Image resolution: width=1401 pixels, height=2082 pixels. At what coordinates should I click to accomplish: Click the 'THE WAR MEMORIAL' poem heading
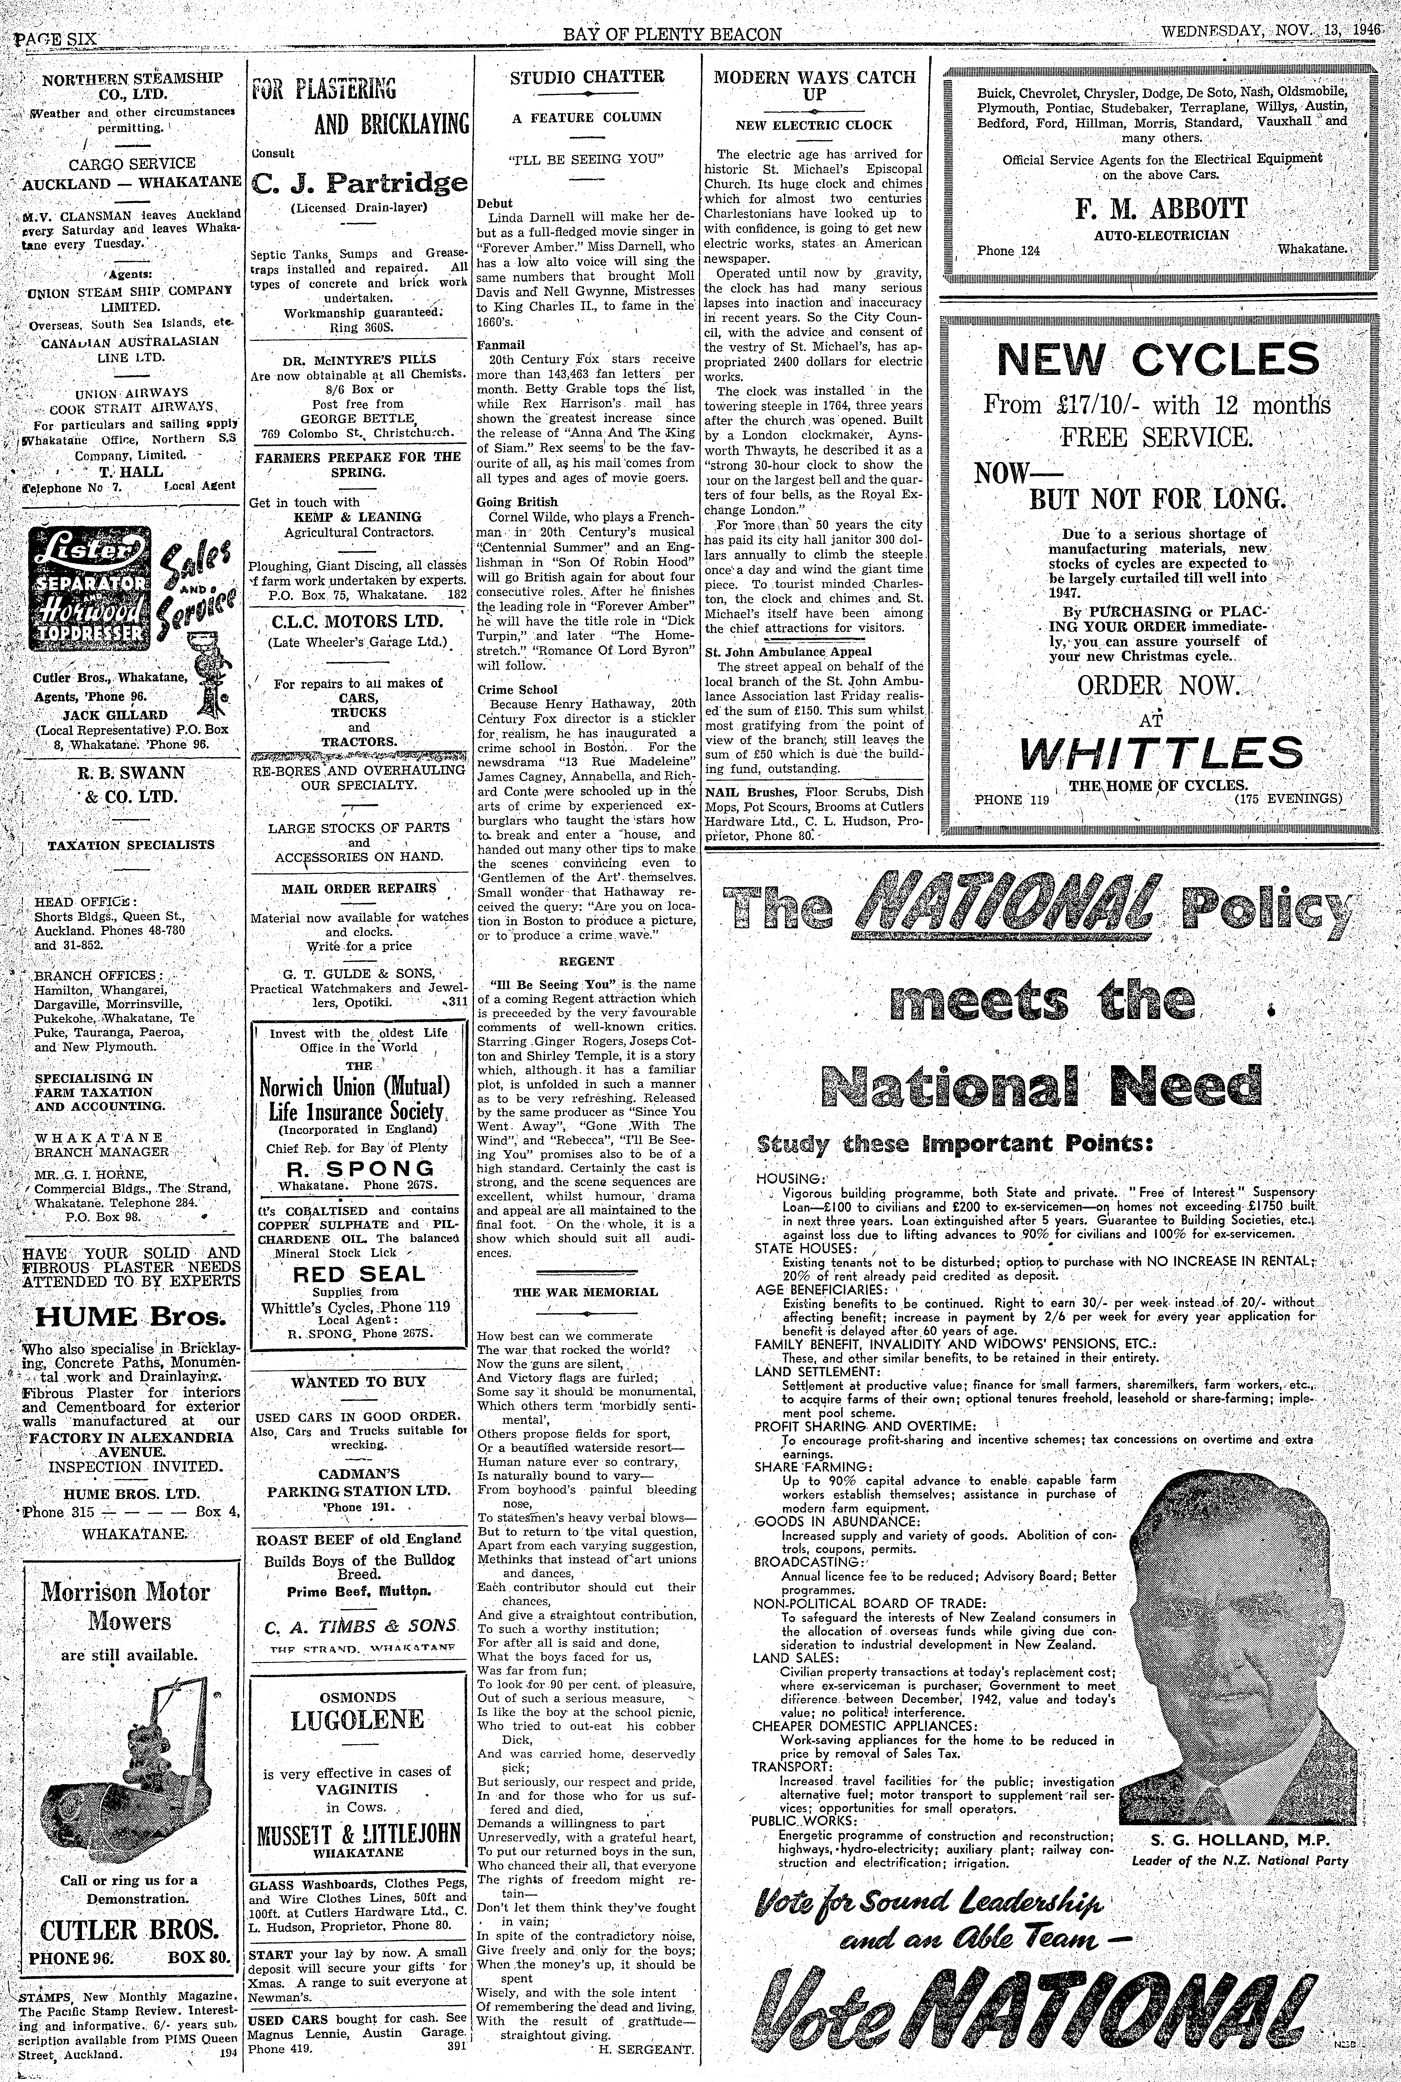[x=585, y=1291]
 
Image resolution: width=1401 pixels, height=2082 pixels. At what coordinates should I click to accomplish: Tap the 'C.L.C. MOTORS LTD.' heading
[x=358, y=621]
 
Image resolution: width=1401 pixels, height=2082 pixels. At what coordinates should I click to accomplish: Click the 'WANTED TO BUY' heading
[x=358, y=1382]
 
